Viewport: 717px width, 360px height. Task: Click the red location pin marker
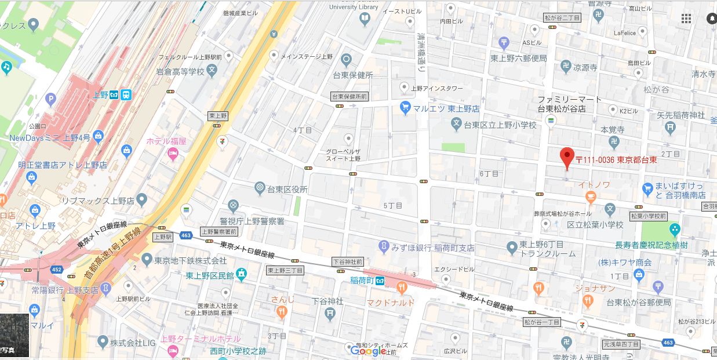[567, 157]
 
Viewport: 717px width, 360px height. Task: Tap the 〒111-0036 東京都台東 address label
[616, 159]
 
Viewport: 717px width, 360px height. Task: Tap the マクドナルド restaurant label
[390, 302]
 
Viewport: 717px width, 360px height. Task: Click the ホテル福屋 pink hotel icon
[172, 153]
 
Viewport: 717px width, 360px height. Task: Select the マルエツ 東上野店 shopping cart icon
[406, 108]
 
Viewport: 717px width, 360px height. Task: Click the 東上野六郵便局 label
[518, 58]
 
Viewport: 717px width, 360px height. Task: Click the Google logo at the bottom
[368, 350]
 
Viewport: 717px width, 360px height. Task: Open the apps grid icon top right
[686, 19]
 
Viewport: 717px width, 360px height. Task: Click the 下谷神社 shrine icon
[330, 314]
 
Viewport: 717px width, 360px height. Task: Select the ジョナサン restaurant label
[595, 288]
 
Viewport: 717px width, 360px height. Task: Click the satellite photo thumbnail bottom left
[14, 335]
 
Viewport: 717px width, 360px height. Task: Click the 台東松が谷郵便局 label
[638, 302]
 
